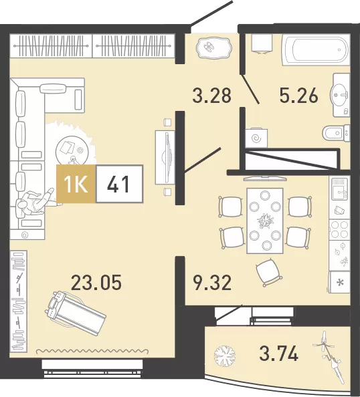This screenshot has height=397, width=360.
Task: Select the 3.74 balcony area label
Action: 278,354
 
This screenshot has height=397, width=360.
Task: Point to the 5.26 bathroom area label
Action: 298,96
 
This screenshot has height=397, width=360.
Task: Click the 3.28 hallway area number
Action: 212,96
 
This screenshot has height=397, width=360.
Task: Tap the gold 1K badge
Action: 76,184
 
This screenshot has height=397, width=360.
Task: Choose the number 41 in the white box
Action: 118,184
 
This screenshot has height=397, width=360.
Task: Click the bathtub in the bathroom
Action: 317,50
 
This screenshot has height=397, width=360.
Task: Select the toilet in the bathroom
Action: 336,132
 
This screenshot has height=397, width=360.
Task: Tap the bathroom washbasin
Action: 340,95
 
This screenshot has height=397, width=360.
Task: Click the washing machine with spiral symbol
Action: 256,138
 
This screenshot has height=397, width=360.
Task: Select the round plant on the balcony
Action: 225,354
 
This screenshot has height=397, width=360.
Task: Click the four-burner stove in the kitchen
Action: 339,230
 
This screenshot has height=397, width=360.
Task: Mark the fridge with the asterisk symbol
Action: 339,282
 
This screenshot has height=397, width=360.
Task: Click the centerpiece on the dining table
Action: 265,221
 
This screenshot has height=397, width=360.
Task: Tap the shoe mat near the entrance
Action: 213,48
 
